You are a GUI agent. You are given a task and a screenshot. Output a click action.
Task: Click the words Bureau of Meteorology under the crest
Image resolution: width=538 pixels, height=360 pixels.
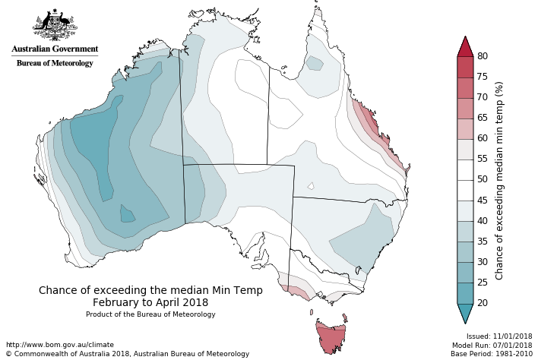tap(55, 63)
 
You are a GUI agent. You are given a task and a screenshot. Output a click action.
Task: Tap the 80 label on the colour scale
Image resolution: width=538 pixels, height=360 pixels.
tap(482, 56)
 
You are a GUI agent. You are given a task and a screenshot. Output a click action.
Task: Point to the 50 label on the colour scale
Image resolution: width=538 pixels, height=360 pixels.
tap(482, 179)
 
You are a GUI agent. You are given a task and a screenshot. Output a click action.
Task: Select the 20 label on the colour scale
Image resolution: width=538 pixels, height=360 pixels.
tap(482, 302)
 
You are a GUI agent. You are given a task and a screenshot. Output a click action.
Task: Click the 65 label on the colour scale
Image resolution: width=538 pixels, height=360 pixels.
tap(482, 118)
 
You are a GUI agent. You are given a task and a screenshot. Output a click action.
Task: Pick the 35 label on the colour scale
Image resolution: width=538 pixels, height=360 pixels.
tap(482, 241)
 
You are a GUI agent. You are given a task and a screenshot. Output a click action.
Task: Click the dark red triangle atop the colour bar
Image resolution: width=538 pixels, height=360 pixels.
tap(466, 46)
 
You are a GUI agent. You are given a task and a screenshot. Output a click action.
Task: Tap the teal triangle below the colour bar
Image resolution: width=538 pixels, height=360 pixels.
tap(466, 312)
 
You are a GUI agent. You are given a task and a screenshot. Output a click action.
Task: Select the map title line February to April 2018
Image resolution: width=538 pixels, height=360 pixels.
tap(150, 302)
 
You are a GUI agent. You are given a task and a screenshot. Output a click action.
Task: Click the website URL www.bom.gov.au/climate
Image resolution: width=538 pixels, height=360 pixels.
tap(59, 345)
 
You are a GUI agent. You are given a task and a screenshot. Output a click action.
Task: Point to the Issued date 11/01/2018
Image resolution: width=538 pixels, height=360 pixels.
tap(499, 336)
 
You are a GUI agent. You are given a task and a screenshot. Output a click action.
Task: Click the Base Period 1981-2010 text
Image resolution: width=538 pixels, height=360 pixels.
tap(491, 354)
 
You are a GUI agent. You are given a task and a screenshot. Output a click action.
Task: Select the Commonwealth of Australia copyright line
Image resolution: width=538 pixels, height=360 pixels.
tap(127, 354)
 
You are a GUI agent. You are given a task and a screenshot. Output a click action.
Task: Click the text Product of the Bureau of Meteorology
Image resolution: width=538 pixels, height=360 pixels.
tap(150, 314)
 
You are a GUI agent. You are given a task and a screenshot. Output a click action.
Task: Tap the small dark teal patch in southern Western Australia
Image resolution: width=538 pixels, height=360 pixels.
tap(128, 214)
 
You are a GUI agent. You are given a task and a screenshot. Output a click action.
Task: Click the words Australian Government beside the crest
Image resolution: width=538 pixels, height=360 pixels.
tap(55, 49)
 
